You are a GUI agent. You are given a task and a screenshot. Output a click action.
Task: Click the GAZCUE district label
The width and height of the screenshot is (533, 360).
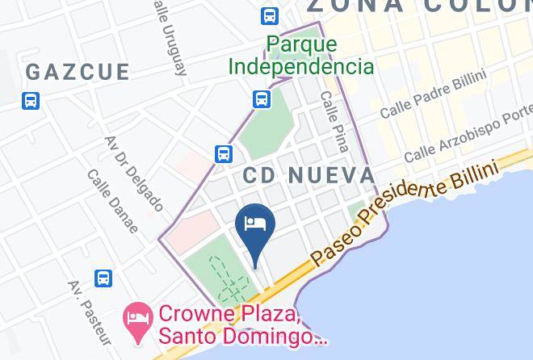pyautogui.click(x=78, y=72)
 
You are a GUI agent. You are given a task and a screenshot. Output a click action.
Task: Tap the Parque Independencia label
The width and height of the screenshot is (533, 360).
pyautogui.click(x=300, y=55)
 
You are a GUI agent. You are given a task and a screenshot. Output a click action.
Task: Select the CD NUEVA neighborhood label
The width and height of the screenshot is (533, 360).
pyautogui.click(x=308, y=175)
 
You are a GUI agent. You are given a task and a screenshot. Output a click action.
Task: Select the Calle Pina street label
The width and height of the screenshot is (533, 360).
pyautogui.click(x=334, y=121)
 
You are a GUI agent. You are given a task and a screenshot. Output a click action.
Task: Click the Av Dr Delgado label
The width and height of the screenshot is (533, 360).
pyautogui.click(x=134, y=173)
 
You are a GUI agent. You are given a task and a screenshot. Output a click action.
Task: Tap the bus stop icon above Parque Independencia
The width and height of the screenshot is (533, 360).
pyautogui.click(x=270, y=15)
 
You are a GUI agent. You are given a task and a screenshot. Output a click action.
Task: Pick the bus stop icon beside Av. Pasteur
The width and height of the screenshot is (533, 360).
pyautogui.click(x=103, y=278)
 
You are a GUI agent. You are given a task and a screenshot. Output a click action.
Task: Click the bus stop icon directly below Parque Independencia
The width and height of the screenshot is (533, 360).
pyautogui.click(x=261, y=99)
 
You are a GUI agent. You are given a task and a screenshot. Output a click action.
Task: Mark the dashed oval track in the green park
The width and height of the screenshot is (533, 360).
pyautogui.click(x=228, y=277)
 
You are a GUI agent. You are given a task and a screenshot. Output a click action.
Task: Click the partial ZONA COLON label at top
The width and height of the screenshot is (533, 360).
pyautogui.click(x=420, y=6)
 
